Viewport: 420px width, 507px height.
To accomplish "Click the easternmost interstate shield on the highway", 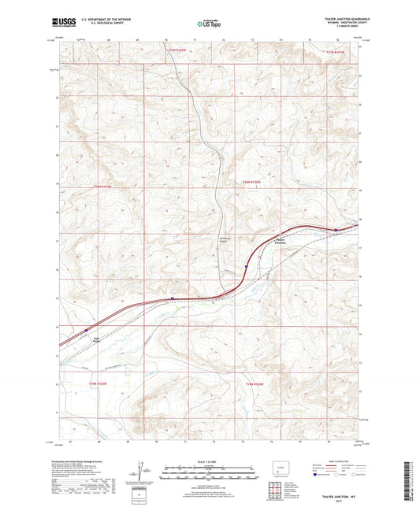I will tap(336, 230).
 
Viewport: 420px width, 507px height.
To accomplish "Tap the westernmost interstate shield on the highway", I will tap(173, 298).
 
